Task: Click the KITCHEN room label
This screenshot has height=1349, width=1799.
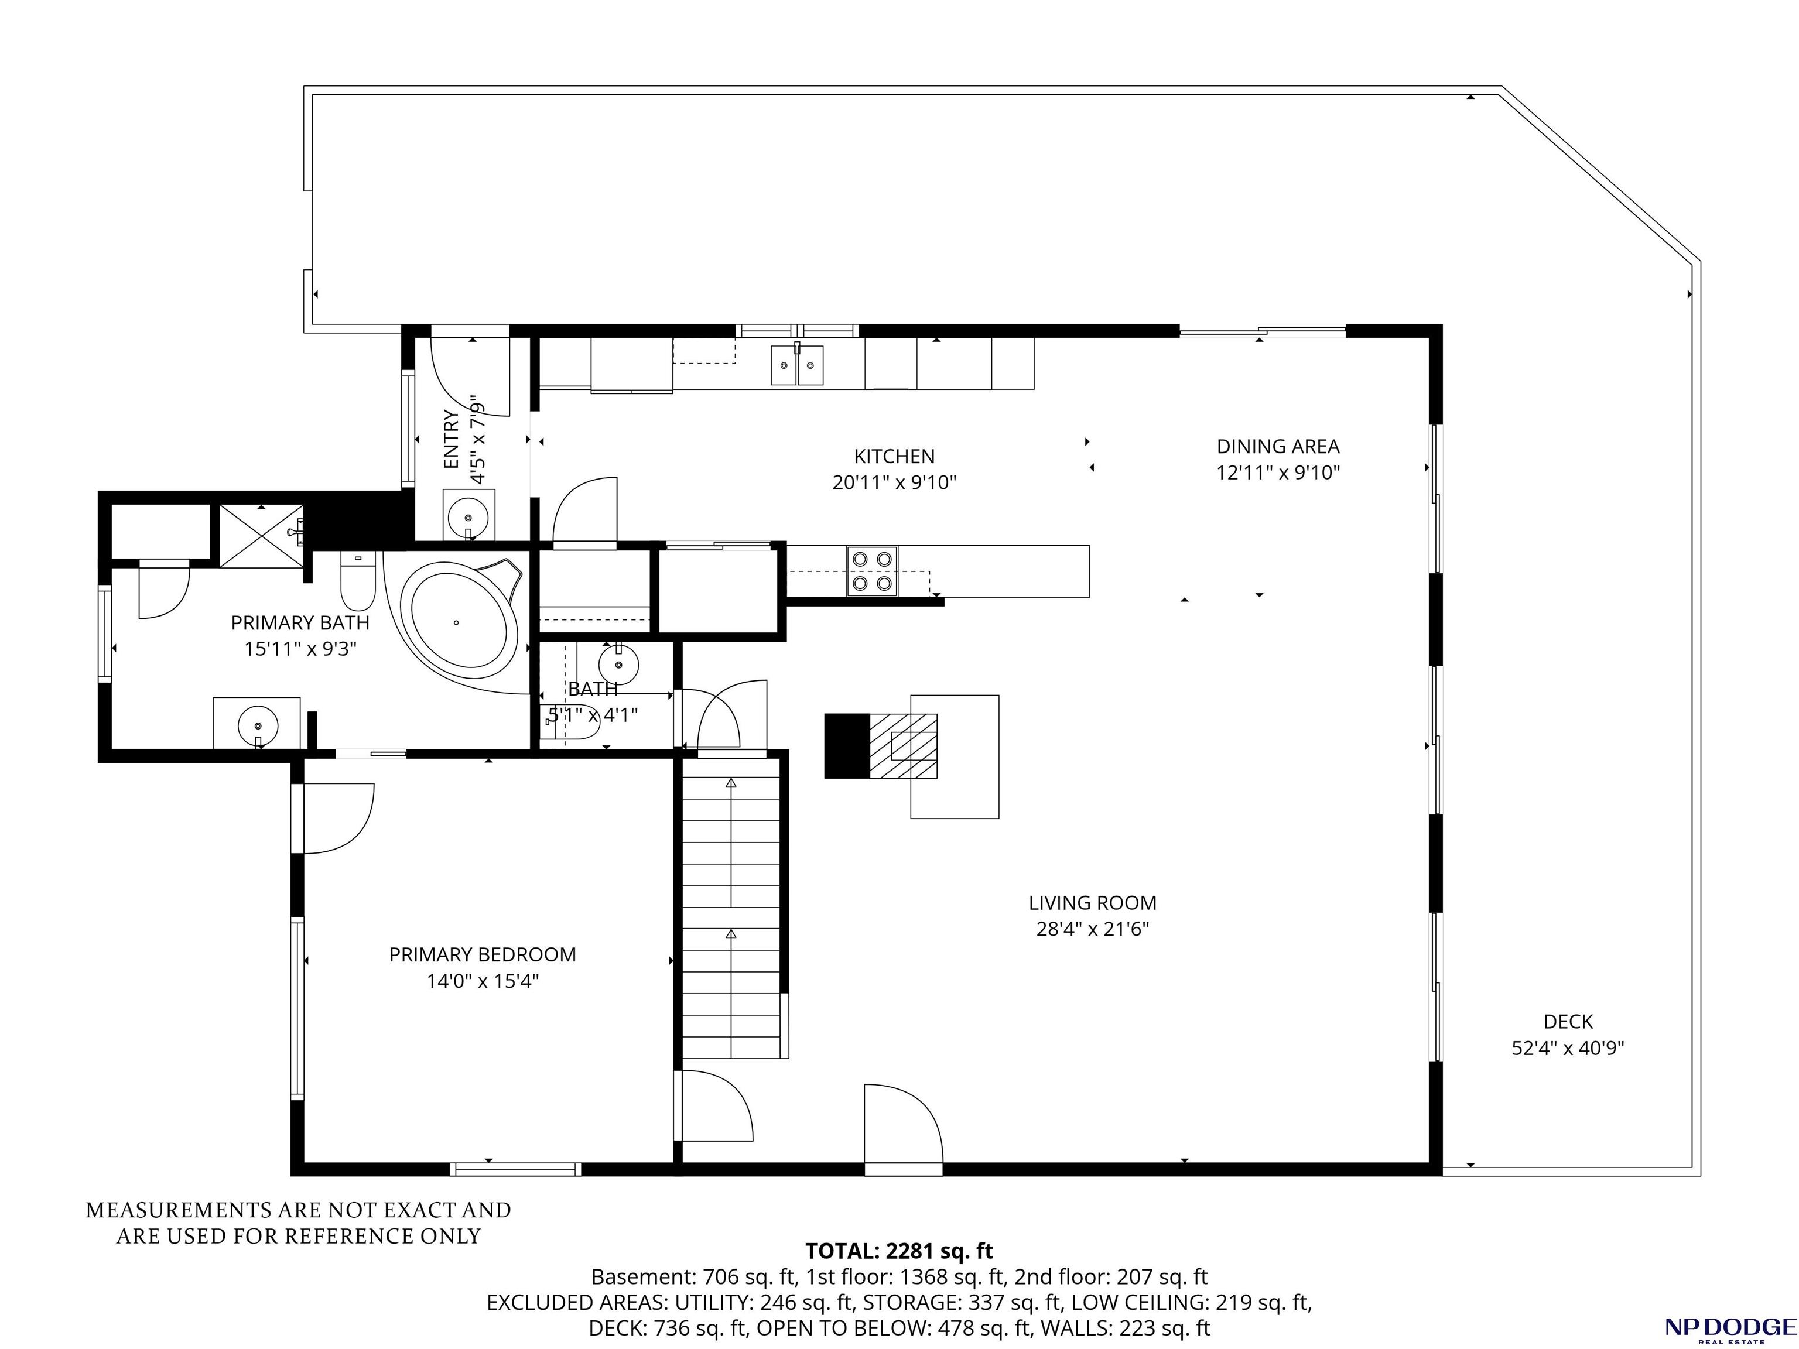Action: [x=894, y=456]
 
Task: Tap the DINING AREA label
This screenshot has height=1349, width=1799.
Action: [x=1278, y=446]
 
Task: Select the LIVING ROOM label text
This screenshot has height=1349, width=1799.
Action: [x=1092, y=903]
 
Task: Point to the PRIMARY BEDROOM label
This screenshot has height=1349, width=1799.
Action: [x=483, y=954]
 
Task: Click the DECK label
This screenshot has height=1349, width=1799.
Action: [x=1568, y=1022]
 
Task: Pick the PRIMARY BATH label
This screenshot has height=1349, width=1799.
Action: [x=300, y=623]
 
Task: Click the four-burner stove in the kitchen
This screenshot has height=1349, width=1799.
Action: [x=872, y=571]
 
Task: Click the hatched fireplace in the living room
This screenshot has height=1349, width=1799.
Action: [x=903, y=747]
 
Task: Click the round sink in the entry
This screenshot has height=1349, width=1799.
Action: [x=469, y=515]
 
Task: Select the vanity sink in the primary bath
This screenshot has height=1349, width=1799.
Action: [x=257, y=724]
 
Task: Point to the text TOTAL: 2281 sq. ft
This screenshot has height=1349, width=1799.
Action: [x=899, y=1251]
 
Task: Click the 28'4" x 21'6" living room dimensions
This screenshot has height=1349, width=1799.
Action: [x=1092, y=929]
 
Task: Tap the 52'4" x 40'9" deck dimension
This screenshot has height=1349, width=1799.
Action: [x=1568, y=1048]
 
